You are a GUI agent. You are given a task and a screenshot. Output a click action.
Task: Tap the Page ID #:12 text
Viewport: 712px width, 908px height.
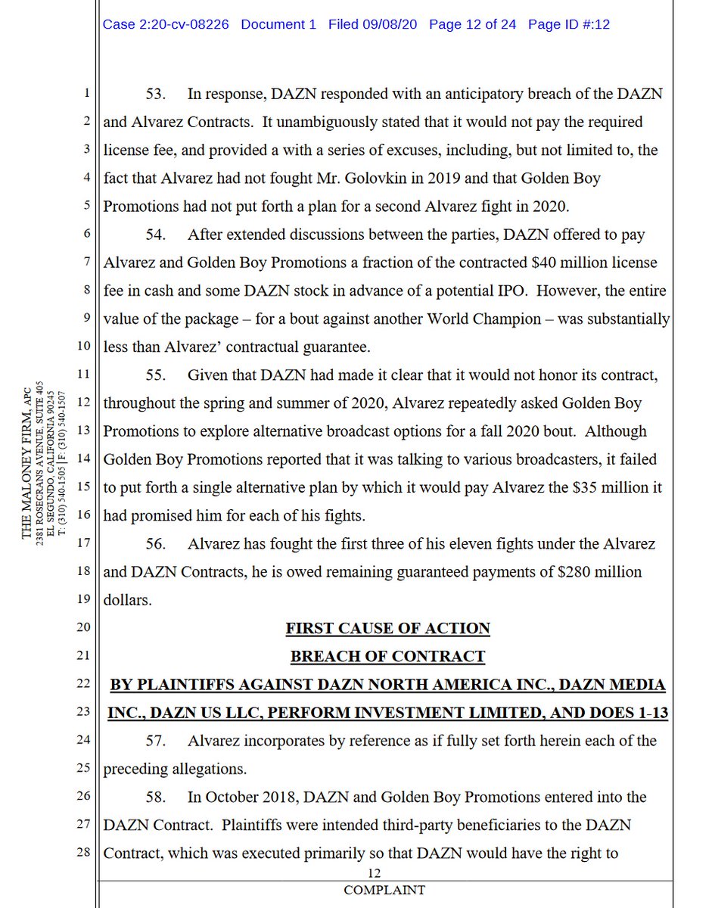568,24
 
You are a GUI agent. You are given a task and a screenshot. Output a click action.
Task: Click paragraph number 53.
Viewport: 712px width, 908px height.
155,94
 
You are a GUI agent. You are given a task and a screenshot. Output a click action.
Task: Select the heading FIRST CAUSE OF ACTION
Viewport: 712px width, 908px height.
387,628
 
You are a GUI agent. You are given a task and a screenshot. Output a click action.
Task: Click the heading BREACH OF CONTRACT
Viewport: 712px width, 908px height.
387,656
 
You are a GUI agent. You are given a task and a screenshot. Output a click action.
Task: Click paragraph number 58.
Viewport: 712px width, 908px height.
155,797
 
